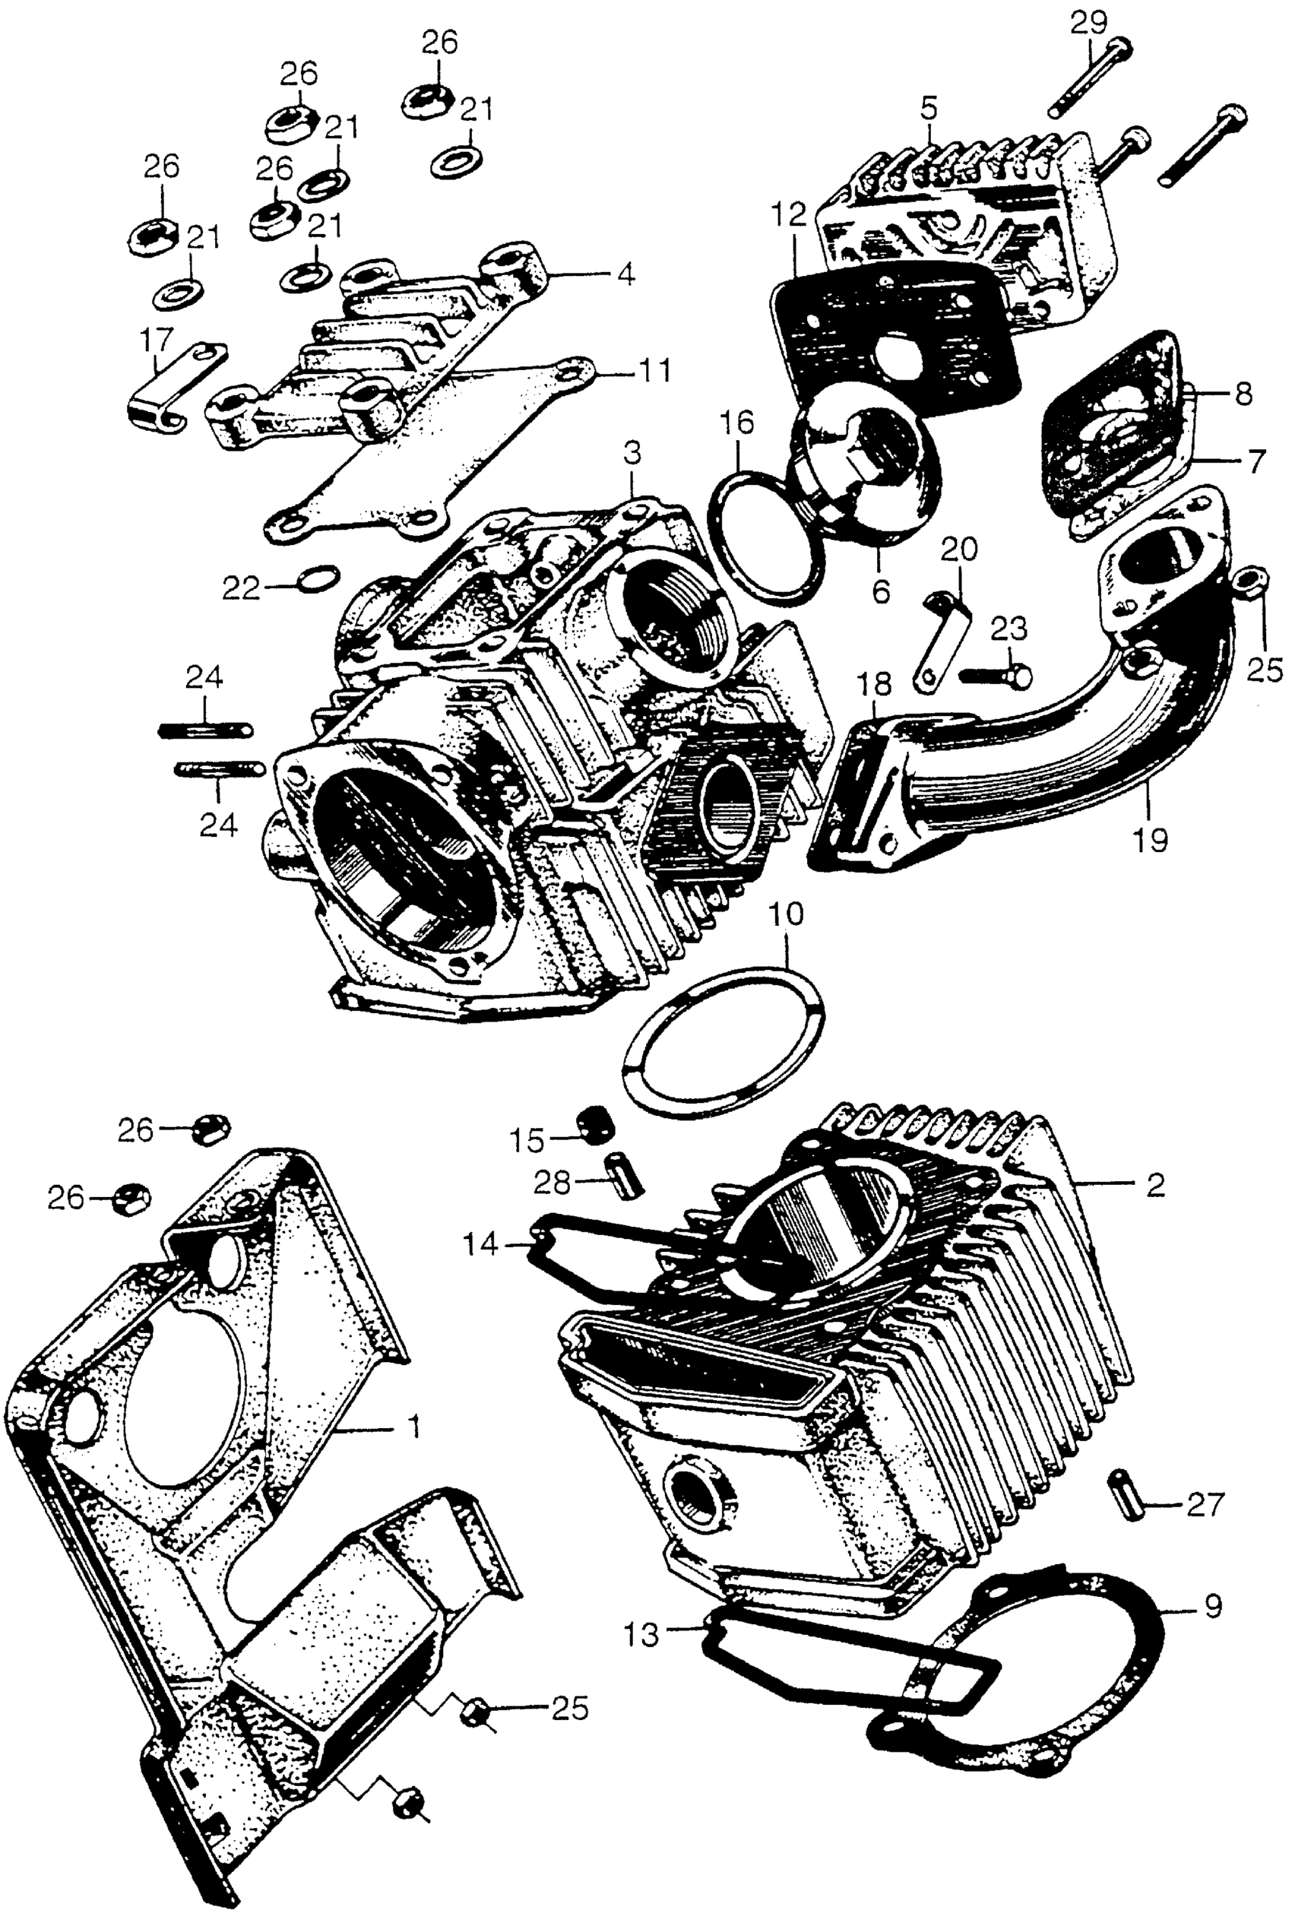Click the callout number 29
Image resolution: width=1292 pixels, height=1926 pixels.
1088,22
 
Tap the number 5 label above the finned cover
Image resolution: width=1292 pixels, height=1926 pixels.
929,108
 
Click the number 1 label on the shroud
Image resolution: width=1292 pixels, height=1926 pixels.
414,1427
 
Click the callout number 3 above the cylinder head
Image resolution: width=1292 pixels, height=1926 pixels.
632,454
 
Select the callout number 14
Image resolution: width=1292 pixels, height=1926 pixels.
480,1243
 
